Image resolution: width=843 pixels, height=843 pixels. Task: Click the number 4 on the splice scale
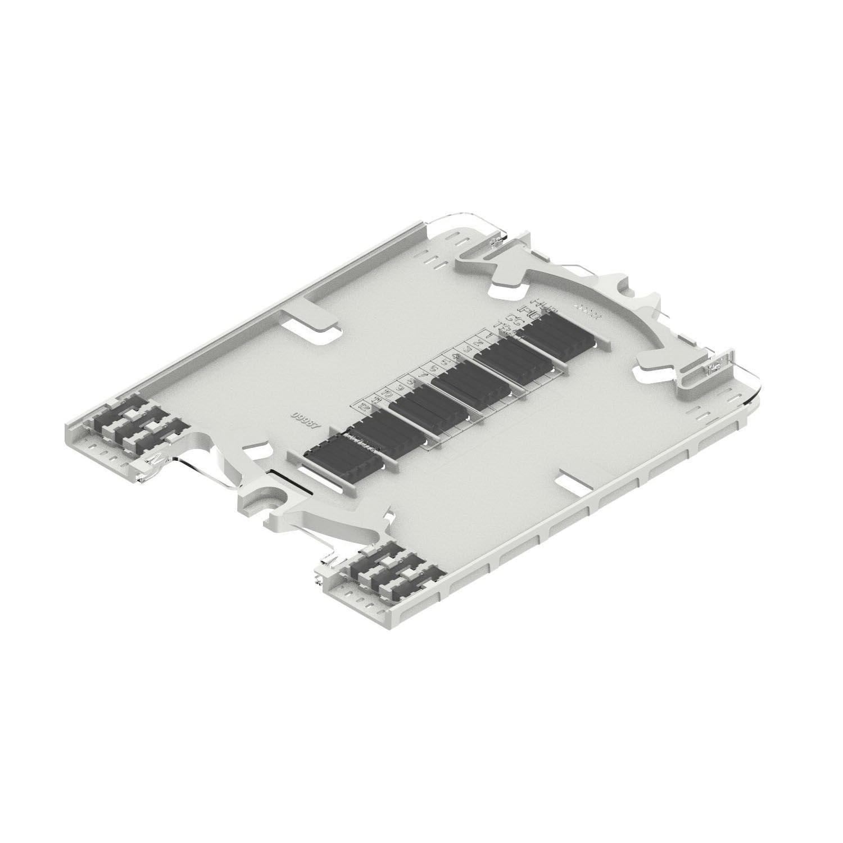[456, 355]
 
